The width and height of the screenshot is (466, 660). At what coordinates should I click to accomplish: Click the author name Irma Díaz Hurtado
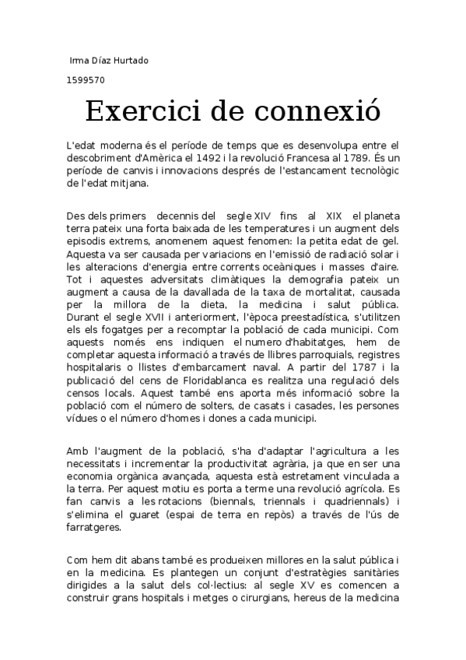109,60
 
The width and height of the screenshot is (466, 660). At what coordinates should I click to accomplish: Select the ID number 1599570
87,79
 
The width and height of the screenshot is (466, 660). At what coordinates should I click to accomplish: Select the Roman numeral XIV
262,215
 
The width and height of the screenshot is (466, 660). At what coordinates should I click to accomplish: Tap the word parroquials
314,336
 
